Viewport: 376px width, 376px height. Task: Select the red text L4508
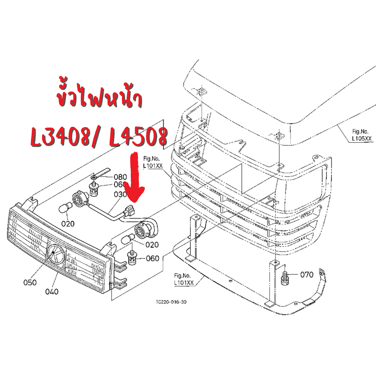point(138,137)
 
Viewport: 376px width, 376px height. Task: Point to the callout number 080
point(120,177)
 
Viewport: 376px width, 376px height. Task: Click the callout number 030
point(120,194)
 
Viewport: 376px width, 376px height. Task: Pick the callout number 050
point(30,282)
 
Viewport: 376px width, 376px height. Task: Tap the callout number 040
point(52,292)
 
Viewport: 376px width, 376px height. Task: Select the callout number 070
point(307,275)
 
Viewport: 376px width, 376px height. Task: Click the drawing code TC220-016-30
point(171,302)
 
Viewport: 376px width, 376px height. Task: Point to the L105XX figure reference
point(362,135)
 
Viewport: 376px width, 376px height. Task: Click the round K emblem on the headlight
point(56,254)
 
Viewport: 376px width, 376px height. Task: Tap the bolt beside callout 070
point(285,277)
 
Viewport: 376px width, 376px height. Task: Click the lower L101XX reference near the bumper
point(184,279)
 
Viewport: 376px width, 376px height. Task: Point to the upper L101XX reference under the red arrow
point(153,162)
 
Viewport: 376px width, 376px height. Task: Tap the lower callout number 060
point(152,258)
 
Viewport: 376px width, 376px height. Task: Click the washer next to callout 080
point(94,177)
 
